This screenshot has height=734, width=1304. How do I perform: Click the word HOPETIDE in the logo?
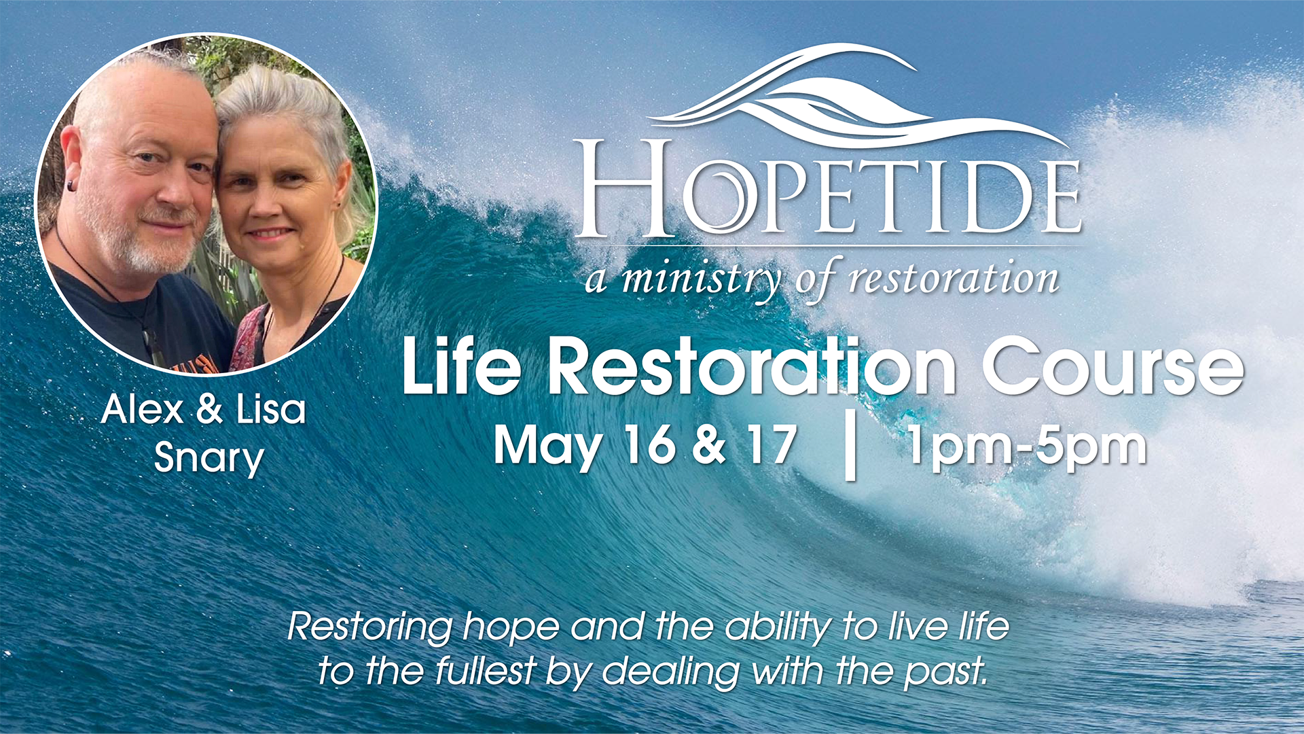click(828, 188)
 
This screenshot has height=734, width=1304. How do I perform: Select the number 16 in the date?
click(650, 445)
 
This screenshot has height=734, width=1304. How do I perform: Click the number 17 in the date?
click(771, 445)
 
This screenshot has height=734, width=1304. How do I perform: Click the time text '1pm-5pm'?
click(1027, 447)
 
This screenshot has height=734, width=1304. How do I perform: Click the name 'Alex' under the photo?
click(143, 410)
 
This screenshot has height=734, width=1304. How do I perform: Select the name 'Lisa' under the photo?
click(271, 409)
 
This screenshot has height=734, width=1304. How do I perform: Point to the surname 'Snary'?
click(209, 459)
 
